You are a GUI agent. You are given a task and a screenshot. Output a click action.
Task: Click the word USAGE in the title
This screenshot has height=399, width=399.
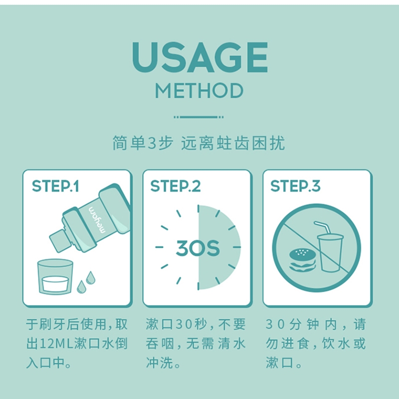point(200,57)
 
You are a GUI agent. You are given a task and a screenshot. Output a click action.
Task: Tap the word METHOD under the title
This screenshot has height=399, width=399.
point(199,91)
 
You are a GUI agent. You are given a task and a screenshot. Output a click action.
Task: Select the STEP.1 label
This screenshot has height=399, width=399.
point(55,186)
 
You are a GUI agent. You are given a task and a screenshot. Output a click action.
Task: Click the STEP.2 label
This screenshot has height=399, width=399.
point(176,186)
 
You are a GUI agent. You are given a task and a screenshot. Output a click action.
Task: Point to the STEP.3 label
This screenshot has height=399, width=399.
point(295,186)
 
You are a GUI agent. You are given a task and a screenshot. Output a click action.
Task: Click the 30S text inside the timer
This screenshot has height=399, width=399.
point(198,248)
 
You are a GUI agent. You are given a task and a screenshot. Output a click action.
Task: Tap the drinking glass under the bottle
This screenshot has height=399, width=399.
point(55,277)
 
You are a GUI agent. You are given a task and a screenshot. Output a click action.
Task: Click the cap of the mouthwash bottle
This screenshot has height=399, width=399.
point(60,240)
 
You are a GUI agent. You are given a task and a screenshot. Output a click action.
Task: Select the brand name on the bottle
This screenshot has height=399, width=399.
point(97,220)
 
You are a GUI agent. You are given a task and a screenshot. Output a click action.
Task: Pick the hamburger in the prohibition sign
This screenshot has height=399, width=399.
point(303,260)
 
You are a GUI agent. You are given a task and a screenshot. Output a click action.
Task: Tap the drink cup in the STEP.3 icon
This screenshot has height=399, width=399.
point(330,253)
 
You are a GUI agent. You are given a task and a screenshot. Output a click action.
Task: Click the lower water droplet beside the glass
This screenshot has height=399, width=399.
point(81,287)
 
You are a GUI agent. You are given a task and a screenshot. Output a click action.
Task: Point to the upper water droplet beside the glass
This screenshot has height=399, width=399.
point(91,278)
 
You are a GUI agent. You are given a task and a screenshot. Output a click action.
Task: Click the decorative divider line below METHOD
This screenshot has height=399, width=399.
point(199,117)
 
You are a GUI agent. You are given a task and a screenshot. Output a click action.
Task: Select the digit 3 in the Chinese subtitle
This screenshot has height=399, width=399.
point(152,143)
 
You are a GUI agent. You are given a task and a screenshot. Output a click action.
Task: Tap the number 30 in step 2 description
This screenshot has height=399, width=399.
point(183,325)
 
